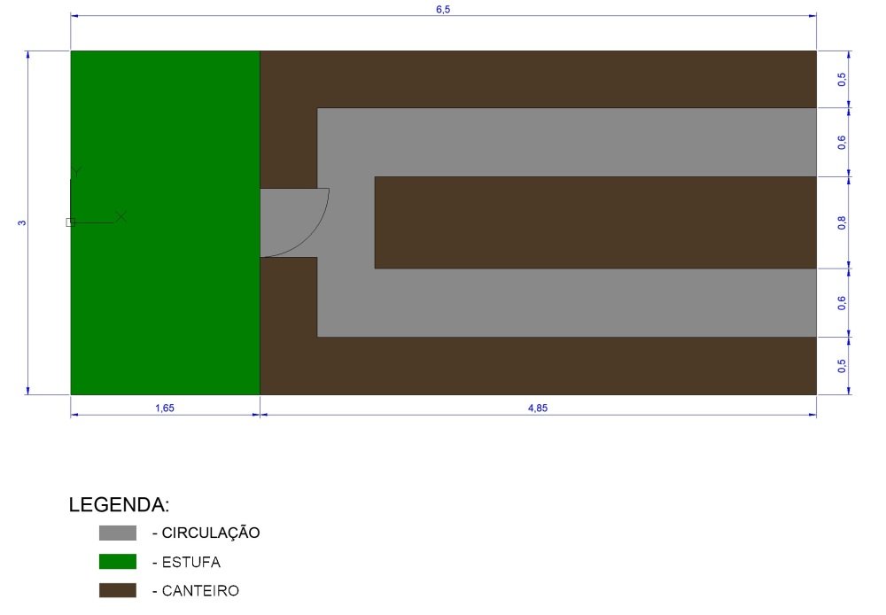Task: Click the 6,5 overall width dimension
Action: pyautogui.click(x=443, y=10)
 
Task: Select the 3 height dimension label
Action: pyautogui.click(x=22, y=222)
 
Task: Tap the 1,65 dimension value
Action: pyautogui.click(x=165, y=409)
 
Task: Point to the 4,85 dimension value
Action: pyautogui.click(x=538, y=409)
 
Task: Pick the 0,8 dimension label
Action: pyautogui.click(x=842, y=222)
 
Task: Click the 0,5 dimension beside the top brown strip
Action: pyautogui.click(x=842, y=79)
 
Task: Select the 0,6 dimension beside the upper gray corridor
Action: pyautogui.click(x=842, y=143)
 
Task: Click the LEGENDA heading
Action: pyautogui.click(x=119, y=505)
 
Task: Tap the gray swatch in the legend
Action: pyautogui.click(x=118, y=533)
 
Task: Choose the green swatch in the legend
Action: pyautogui.click(x=118, y=561)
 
